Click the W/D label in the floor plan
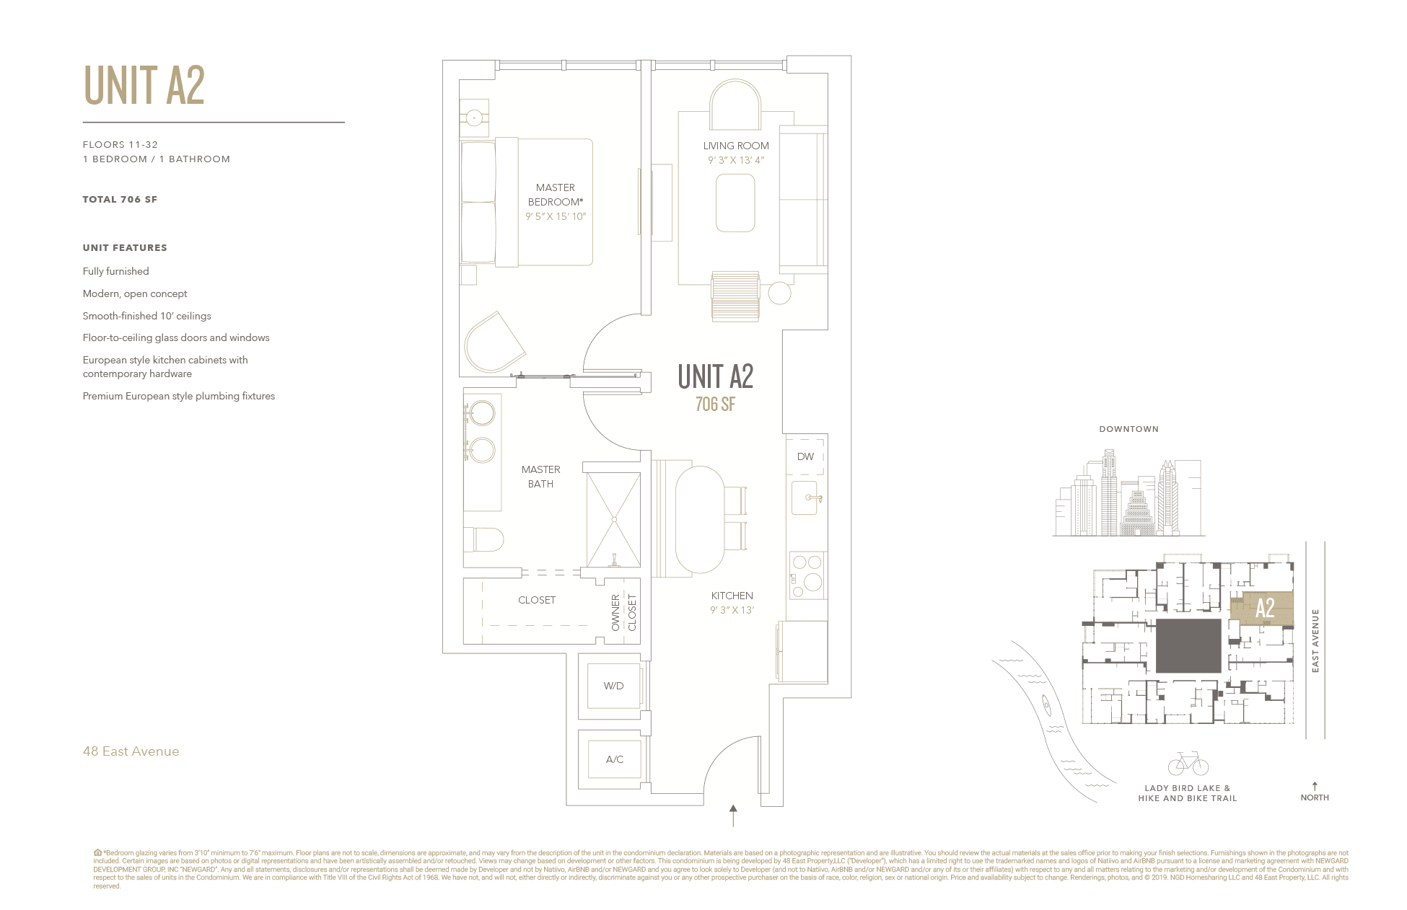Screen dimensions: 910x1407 (613, 686)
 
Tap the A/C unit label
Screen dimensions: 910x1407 (614, 759)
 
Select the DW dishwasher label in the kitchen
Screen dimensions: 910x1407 (805, 456)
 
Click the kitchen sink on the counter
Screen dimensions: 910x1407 (805, 498)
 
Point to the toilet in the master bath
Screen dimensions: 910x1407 (485, 539)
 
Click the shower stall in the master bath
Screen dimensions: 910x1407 (613, 519)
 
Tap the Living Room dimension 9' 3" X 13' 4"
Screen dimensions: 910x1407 (735, 160)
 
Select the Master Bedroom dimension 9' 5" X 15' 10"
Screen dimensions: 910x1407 (556, 216)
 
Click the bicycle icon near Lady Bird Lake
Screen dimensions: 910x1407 (1187, 763)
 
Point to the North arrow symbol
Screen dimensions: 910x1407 (1315, 786)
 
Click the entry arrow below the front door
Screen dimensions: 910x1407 (733, 816)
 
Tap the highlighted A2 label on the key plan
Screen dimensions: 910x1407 (1265, 608)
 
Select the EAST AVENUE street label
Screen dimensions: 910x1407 (1315, 640)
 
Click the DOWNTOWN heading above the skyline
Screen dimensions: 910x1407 (1128, 429)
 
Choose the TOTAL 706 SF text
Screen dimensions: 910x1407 (120, 200)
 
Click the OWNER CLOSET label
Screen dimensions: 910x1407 (623, 613)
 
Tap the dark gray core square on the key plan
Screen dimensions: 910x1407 (1188, 645)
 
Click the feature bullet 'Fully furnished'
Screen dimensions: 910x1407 (116, 271)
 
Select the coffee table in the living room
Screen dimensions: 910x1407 (735, 203)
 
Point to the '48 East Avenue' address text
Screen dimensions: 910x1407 (131, 751)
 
